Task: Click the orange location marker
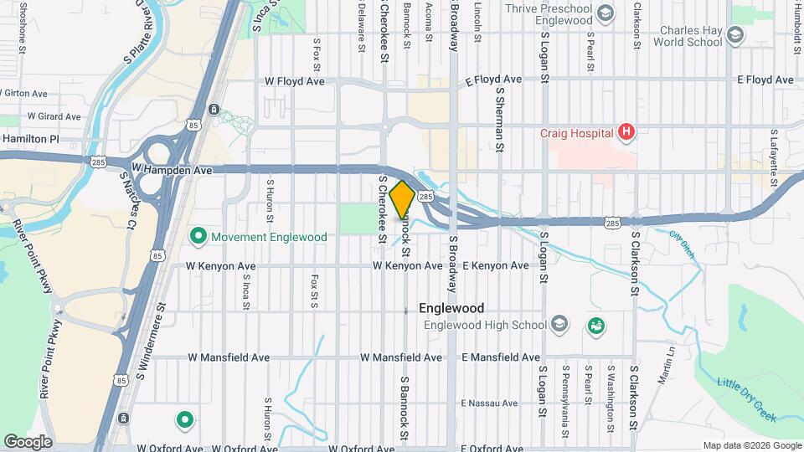pyautogui.click(x=402, y=200)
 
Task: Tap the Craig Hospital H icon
pyautogui.click(x=625, y=131)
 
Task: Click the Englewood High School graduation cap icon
pyautogui.click(x=559, y=325)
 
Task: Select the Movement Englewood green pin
pyautogui.click(x=198, y=237)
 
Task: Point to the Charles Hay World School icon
pyautogui.click(x=735, y=35)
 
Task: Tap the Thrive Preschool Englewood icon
pyautogui.click(x=606, y=12)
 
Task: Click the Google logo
pyautogui.click(x=27, y=441)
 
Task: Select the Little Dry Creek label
pyautogui.click(x=746, y=399)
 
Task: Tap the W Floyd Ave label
pyautogui.click(x=294, y=82)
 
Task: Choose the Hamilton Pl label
pyautogui.click(x=31, y=139)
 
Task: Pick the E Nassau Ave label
pyautogui.click(x=490, y=403)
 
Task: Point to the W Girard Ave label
pyautogui.click(x=54, y=116)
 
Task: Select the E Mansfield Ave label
pyautogui.click(x=501, y=357)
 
